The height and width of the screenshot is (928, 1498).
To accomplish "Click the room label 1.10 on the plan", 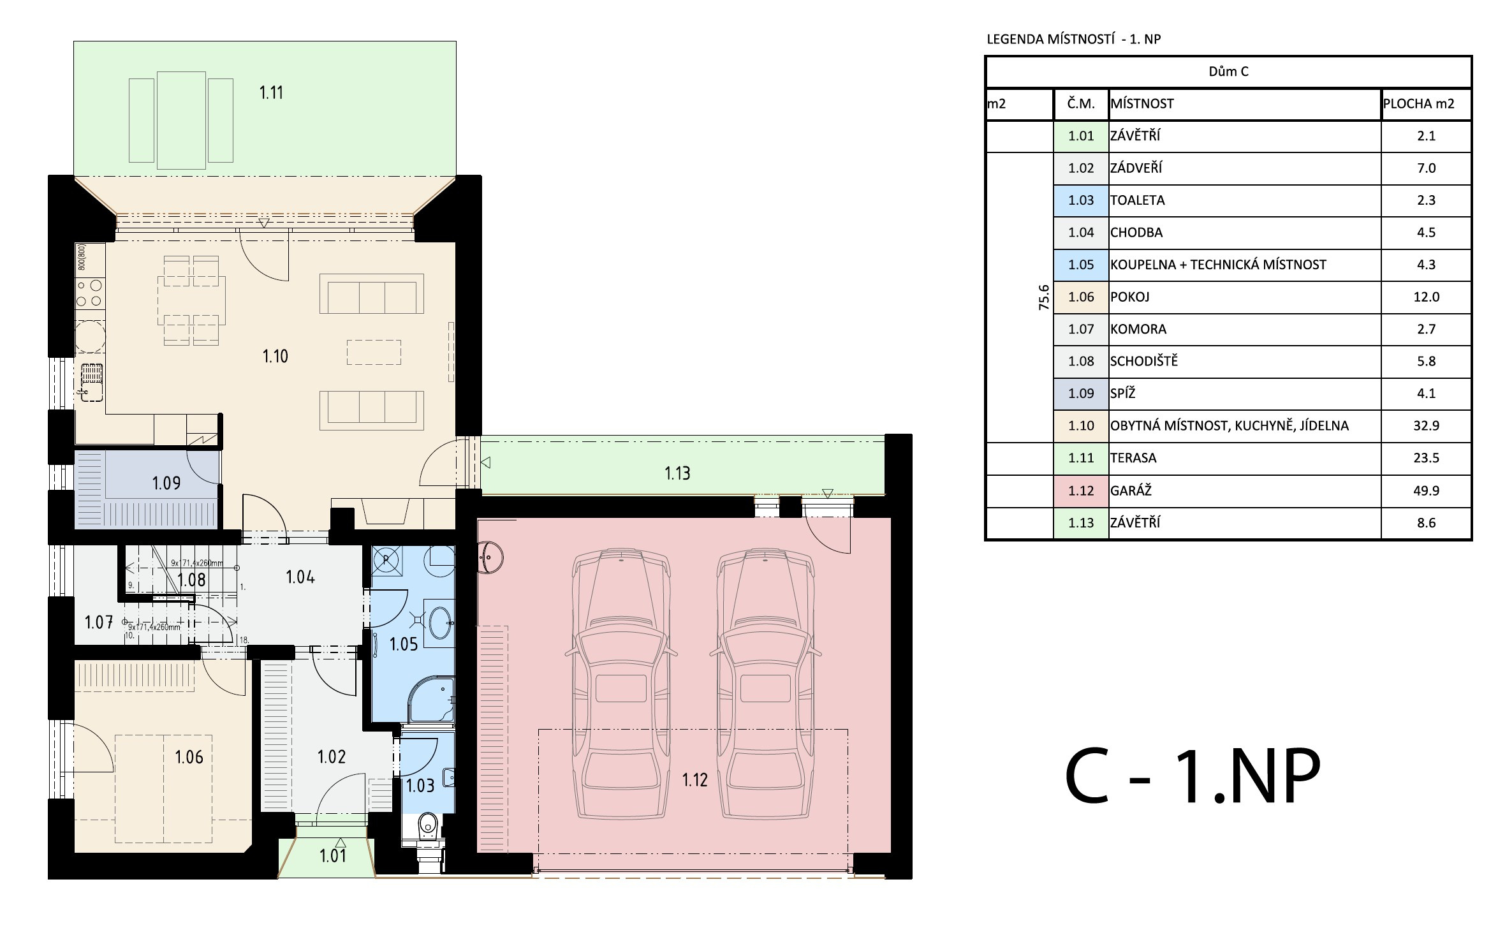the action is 275,356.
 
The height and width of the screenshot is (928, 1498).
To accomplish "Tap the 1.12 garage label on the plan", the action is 694,779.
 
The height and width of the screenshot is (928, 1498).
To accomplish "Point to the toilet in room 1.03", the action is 427,829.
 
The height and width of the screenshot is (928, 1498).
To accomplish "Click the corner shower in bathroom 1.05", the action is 431,700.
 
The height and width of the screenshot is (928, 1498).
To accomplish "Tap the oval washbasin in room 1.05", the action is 441,622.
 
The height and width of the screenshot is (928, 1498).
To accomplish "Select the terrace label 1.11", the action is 271,92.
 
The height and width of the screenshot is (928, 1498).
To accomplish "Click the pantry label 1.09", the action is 166,483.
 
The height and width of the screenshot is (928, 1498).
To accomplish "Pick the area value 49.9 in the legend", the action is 1426,490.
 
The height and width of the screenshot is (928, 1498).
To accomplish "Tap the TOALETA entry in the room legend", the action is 1137,200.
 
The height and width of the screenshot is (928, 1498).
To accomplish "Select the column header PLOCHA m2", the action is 1418,103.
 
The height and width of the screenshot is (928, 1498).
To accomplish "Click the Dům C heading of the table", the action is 1228,71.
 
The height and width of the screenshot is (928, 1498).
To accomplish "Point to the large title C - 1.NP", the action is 1193,776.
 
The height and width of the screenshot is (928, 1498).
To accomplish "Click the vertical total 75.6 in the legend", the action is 1043,297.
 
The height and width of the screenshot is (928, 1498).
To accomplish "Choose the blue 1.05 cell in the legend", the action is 1081,265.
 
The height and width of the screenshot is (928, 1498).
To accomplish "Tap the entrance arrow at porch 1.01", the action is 341,843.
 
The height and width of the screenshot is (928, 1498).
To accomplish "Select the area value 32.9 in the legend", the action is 1426,425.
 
